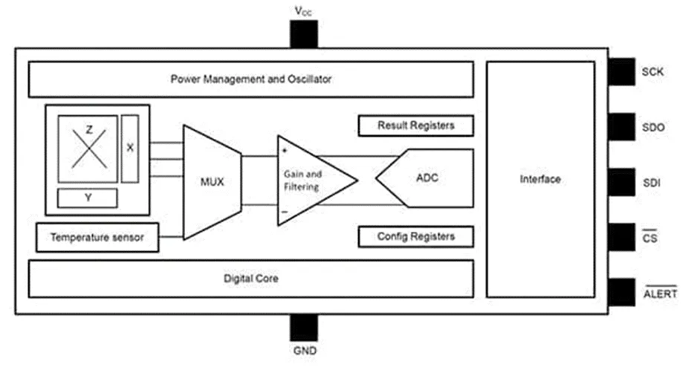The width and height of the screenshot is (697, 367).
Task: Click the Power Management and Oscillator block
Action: point(250,79)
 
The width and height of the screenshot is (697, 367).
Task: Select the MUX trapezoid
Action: point(212,181)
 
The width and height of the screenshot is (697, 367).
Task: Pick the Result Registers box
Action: point(415,126)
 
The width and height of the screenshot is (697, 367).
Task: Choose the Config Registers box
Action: point(415,237)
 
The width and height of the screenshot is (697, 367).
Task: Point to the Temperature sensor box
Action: point(97,238)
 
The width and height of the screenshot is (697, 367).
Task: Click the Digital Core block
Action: point(250,279)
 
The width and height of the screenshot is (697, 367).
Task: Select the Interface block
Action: point(540,179)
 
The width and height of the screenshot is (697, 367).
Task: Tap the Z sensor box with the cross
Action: point(89,149)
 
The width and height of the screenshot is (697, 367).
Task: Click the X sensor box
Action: point(130,148)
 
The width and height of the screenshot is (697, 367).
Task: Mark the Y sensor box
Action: point(88,198)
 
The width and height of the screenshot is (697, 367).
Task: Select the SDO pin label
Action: point(653,127)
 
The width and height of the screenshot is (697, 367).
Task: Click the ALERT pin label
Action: point(659,293)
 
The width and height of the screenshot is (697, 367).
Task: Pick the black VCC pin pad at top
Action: point(303,34)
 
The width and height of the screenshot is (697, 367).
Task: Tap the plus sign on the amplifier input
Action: point(285,150)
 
